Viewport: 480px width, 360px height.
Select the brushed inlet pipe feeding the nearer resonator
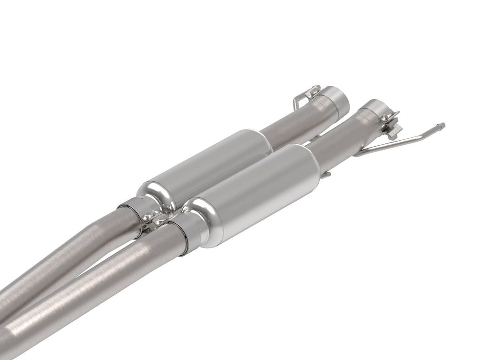point(94,291)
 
